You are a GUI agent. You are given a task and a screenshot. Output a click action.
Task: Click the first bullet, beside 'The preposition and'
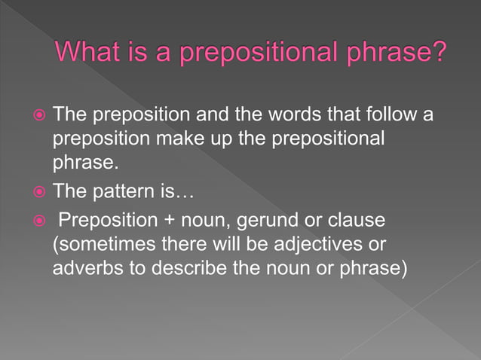tap(41, 117)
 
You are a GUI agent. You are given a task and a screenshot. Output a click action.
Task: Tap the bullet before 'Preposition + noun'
tap(41, 221)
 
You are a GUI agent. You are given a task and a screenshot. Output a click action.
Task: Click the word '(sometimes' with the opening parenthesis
tap(100, 246)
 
